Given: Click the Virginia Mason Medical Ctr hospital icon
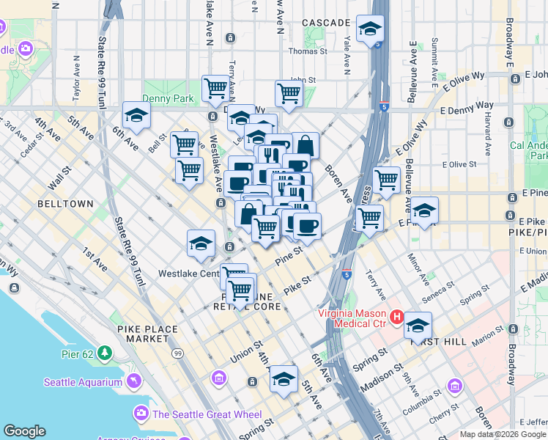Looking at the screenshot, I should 396,317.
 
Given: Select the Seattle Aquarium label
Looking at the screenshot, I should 82,381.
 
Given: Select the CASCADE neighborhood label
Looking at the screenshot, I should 325,23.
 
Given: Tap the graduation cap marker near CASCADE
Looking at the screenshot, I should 370,29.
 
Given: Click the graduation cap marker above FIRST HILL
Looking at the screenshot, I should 418,325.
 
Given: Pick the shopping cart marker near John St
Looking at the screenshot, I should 289,93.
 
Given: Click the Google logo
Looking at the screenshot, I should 24,431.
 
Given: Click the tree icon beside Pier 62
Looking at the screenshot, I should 105,353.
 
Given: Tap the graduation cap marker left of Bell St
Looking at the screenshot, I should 136,114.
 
